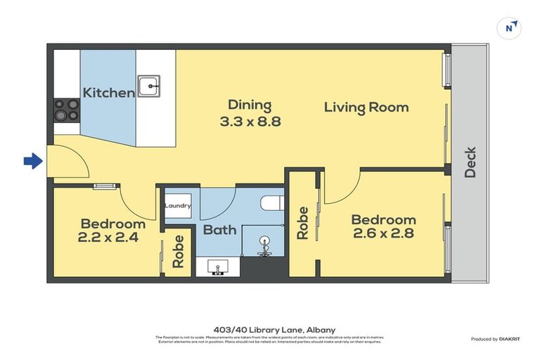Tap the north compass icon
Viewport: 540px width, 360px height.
point(510,28)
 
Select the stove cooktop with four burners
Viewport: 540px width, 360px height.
point(67,110)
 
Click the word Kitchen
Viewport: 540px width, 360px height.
point(108,93)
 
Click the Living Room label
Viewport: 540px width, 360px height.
point(366,108)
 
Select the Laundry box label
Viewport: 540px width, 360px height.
point(178,206)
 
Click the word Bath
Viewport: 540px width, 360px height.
point(219,230)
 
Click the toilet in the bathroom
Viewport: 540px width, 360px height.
point(271,204)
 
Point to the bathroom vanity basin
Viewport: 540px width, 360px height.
point(218,267)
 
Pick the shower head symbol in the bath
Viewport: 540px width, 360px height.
point(264,243)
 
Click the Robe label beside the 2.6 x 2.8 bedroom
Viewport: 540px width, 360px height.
point(303,223)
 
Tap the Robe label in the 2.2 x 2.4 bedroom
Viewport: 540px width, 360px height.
point(179,251)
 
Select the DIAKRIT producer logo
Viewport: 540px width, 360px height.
point(509,340)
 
